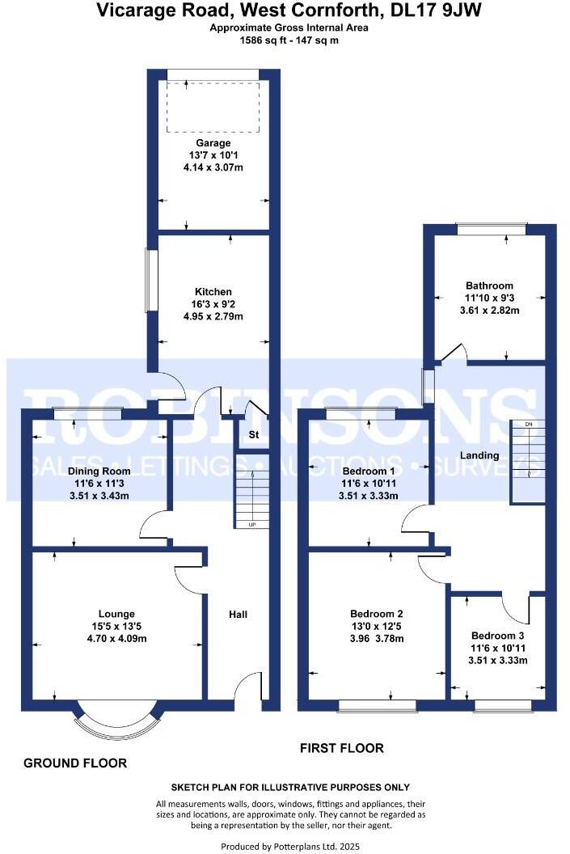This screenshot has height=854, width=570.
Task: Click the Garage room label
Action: (x=213, y=143)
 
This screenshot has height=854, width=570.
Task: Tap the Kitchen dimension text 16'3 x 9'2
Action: (x=213, y=304)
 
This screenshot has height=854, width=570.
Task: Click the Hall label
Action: (x=238, y=615)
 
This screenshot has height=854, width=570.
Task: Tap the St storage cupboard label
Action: (x=252, y=436)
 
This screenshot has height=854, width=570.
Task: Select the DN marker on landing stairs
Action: (x=528, y=425)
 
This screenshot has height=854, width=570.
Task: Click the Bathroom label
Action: (x=489, y=285)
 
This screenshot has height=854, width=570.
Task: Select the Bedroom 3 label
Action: (x=499, y=635)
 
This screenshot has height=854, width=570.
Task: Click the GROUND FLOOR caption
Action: (x=75, y=763)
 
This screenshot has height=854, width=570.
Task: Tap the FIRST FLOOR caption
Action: (x=341, y=748)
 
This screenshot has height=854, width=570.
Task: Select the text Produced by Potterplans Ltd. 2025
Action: (x=290, y=846)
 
